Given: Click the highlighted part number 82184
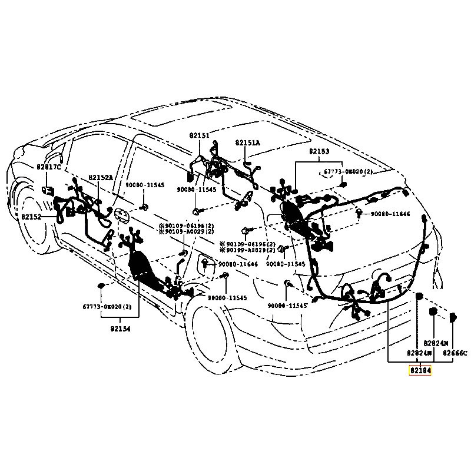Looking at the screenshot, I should [420, 371].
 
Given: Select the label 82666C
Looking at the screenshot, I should [455, 353].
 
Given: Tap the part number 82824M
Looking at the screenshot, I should [436, 343].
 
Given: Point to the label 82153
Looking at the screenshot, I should [319, 151].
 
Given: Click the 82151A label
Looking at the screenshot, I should [247, 143].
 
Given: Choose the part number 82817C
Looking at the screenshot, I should [48, 167].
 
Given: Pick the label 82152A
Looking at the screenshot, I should [101, 177].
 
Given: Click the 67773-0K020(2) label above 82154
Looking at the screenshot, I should [106, 307].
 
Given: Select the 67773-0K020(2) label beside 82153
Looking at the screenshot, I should [348, 171].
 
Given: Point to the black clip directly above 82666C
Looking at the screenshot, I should [453, 319].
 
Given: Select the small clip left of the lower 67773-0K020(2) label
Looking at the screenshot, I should [101, 287].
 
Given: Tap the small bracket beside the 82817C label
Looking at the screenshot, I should [47, 190].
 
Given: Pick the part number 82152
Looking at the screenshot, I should [31, 217].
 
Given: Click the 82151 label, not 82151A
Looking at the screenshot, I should [199, 135].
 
